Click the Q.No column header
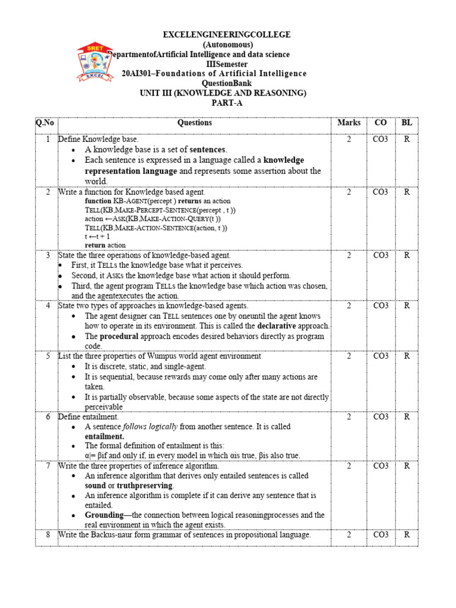tap(45, 123)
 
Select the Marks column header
tap(349, 123)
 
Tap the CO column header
tap(381, 123)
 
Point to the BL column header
tap(407, 123)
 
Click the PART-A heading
tap(227, 103)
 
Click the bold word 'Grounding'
tap(107, 515)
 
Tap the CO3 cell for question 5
tap(381, 356)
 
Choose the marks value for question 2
tap(349, 192)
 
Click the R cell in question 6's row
tap(407, 417)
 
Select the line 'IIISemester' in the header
tap(227, 64)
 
